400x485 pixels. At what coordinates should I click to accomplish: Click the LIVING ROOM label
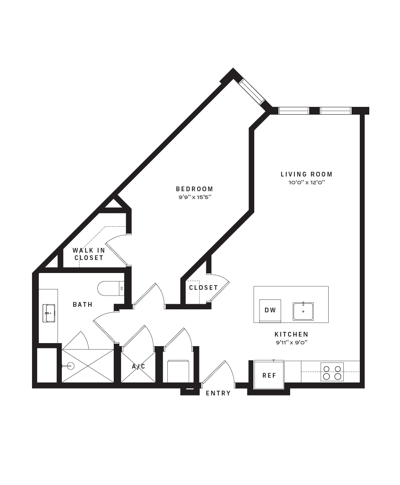(306, 174)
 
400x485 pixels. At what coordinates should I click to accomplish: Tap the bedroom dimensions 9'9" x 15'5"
(195, 197)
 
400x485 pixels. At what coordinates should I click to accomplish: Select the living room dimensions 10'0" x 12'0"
(307, 183)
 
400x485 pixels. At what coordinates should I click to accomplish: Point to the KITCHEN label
(291, 334)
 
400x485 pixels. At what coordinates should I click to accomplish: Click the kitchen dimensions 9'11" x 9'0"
(291, 342)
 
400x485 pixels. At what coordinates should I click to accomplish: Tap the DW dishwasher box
(270, 311)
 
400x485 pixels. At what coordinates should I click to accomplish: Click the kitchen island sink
(303, 311)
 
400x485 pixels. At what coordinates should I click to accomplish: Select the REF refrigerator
(269, 375)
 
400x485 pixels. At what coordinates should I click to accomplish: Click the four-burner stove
(332, 372)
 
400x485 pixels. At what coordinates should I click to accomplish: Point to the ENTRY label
(218, 393)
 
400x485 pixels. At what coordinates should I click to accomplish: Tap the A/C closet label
(138, 366)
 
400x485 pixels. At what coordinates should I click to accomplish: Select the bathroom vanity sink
(49, 313)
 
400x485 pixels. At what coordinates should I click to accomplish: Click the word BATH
(83, 305)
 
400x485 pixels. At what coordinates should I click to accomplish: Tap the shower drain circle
(71, 366)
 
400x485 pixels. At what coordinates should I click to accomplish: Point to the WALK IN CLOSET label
(89, 254)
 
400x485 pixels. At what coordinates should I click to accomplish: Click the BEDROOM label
(195, 189)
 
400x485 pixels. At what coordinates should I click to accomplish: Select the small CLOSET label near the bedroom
(203, 288)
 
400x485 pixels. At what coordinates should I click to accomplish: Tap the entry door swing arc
(230, 371)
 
